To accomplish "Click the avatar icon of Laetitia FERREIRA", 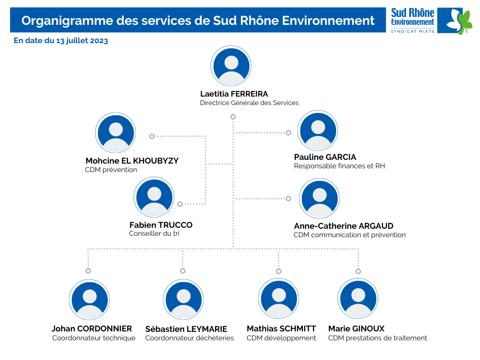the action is click(231, 66).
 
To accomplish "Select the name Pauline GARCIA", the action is click(325, 157).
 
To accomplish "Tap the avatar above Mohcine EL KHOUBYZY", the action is click(115, 133).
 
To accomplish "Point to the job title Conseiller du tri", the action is click(154, 233).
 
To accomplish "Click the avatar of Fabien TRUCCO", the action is click(154, 197).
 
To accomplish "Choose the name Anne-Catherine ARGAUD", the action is click(344, 226).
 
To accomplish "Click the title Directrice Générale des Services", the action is click(249, 103).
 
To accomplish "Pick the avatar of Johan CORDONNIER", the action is click(90, 300).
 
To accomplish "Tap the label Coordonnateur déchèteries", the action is click(189, 338).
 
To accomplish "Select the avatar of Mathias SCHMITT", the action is click(278, 298).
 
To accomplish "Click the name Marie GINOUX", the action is click(356, 329).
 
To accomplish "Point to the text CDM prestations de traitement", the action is click(377, 338).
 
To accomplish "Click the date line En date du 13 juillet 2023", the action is click(61, 41).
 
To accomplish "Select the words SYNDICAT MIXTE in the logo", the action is click(412, 31).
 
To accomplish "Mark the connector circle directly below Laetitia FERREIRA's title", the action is click(233, 117).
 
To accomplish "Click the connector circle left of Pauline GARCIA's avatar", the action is click(288, 133).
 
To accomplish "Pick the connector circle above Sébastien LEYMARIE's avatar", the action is click(183, 271).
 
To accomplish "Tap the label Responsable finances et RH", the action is click(339, 166).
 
